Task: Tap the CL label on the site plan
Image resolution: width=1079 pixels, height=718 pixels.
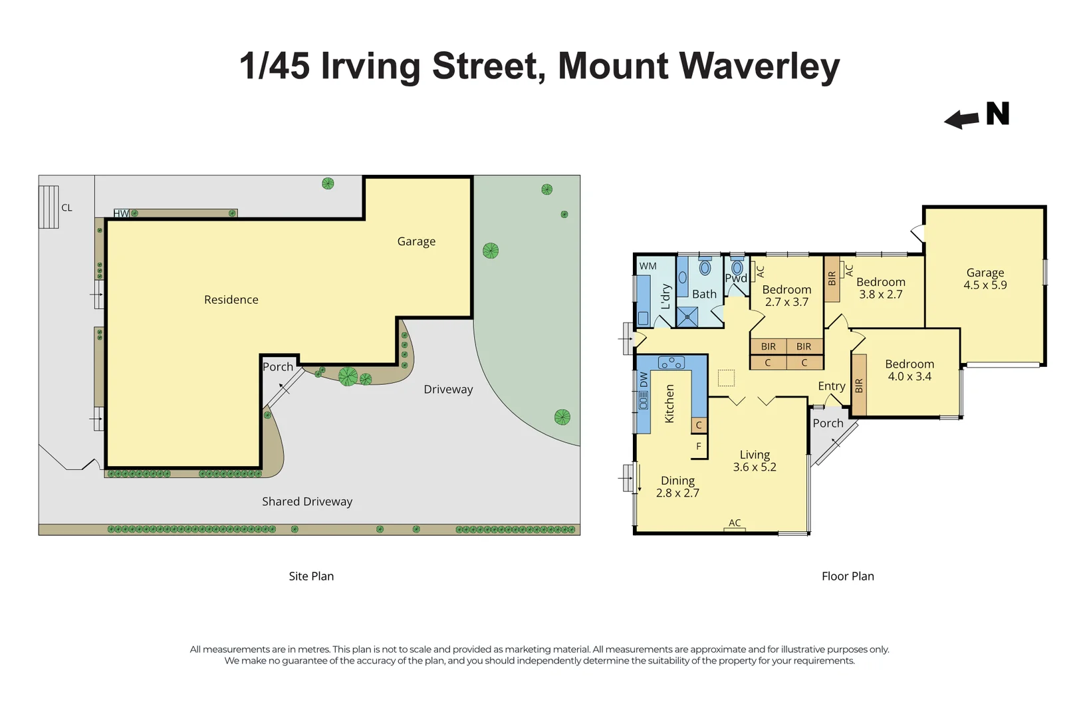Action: point(66,207)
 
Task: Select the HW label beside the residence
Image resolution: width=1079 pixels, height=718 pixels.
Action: point(121,213)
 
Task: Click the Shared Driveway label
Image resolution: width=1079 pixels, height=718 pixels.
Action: point(307,502)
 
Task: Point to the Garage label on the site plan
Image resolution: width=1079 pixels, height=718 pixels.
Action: point(416,241)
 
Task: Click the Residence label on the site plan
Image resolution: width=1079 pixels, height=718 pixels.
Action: point(231,300)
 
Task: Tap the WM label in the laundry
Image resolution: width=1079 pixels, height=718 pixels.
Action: point(648,266)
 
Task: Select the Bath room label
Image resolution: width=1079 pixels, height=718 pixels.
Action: point(704,294)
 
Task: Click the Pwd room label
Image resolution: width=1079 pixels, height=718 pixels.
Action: point(735,279)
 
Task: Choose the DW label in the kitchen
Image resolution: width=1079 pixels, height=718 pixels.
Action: point(644,380)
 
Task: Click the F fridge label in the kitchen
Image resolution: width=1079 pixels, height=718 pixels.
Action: point(699,447)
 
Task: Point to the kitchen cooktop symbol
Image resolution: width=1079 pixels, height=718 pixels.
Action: point(671,362)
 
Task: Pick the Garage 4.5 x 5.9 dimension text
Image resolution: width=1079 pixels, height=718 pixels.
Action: point(985,285)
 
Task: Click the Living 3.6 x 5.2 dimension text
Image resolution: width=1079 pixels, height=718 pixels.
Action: point(755,467)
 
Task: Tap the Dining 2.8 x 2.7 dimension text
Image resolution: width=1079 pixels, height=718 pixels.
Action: point(677,493)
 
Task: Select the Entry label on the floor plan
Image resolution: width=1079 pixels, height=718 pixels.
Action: point(831,386)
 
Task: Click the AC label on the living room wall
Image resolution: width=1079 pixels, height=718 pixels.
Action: point(735,523)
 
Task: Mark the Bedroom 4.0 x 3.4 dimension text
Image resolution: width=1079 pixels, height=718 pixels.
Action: point(909,376)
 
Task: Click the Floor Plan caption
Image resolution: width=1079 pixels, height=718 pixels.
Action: point(848,576)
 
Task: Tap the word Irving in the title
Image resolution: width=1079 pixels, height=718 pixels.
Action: point(371,66)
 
